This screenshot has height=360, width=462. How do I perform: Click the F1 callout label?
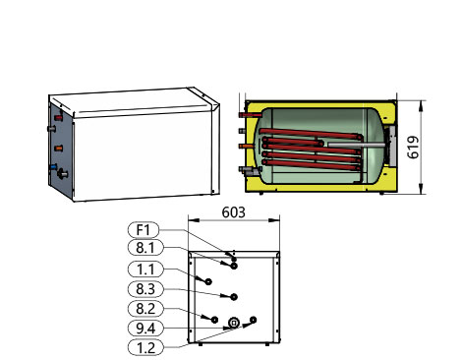click(144, 230)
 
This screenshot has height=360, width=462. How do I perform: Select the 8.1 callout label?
click(145, 248)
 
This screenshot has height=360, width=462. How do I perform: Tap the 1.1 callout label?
click(145, 270)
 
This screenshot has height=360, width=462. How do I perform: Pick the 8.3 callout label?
click(145, 289)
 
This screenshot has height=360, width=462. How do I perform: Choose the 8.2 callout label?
click(145, 309)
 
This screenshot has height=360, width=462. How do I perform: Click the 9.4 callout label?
click(145, 329)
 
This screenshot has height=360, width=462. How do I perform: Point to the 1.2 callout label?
click(145, 347)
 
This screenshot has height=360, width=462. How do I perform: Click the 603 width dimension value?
click(234, 212)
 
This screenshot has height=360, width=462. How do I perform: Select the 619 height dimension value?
click(413, 148)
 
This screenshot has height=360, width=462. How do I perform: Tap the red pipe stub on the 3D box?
click(58, 118)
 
